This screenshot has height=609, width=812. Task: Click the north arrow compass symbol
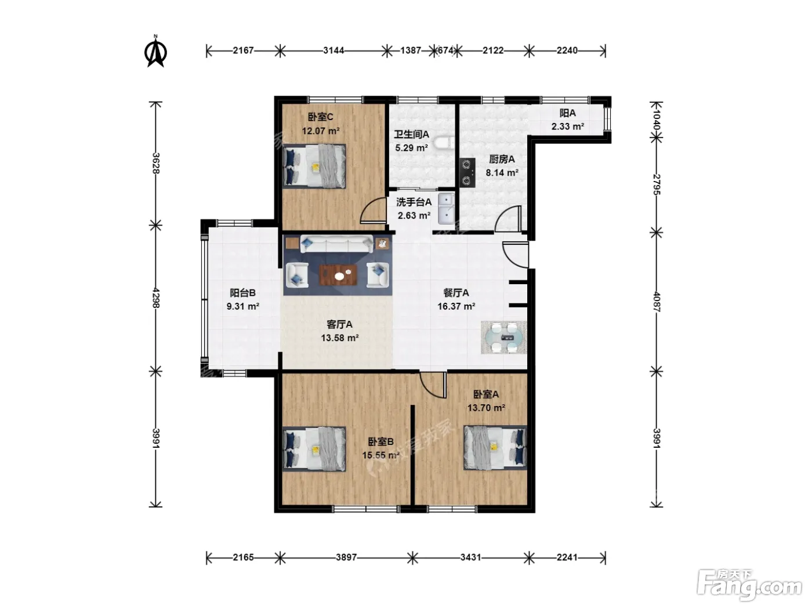tap(155, 52)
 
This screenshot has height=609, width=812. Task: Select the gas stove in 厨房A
tap(467, 172)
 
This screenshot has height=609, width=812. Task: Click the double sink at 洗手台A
tap(447, 209)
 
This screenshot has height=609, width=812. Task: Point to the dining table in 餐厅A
tap(503, 337)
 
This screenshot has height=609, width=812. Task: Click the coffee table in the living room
tap(338, 275)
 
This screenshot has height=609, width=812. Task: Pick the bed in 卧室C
tap(314, 166)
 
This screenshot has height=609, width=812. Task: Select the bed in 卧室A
tap(495, 447)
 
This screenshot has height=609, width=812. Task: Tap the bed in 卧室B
tap(314, 449)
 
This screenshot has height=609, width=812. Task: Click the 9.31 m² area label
tap(242, 307)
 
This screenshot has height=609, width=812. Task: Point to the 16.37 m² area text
tap(456, 307)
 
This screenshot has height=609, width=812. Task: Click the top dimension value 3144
tap(333, 50)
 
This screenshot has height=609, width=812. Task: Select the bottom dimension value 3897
tap(346, 557)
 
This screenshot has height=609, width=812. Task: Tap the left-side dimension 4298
tap(156, 298)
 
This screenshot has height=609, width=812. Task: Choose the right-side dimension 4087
tap(656, 302)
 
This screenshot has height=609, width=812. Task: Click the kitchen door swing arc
tap(508, 219)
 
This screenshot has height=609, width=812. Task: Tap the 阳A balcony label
tap(567, 113)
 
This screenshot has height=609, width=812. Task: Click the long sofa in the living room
tap(336, 244)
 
